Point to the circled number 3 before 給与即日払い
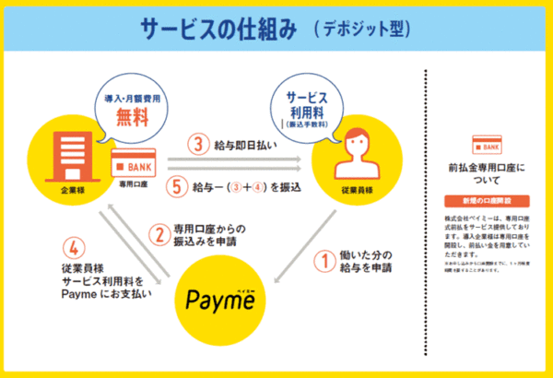tap(196, 145)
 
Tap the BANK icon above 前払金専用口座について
tap(486, 146)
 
